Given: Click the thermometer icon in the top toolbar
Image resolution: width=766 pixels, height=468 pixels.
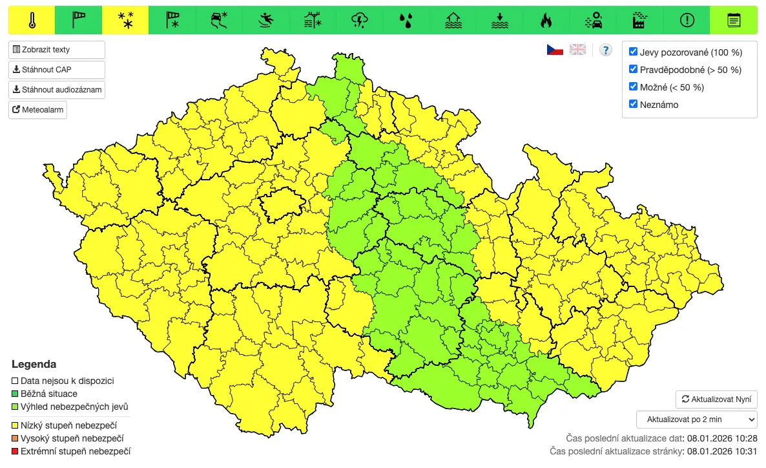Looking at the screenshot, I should pyautogui.click(x=32, y=21).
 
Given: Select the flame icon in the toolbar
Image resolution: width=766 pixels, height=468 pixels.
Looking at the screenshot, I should pyautogui.click(x=546, y=21).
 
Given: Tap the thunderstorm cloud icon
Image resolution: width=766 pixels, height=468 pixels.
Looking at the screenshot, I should pyautogui.click(x=359, y=21).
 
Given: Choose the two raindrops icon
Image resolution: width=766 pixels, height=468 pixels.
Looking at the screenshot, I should pyautogui.click(x=406, y=21).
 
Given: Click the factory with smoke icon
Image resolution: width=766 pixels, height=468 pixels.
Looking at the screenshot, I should pyautogui.click(x=640, y=21).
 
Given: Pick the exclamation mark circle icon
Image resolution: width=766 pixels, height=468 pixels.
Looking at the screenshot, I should pyautogui.click(x=687, y=21).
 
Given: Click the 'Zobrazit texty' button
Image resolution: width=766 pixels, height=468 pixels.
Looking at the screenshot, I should pyautogui.click(x=57, y=50).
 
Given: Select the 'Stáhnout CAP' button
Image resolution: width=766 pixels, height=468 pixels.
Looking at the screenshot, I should pyautogui.click(x=57, y=70).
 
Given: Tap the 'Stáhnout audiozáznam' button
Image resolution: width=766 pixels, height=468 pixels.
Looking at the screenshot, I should pyautogui.click(x=57, y=90).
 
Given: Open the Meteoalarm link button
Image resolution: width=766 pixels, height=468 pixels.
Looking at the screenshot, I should pyautogui.click(x=38, y=110).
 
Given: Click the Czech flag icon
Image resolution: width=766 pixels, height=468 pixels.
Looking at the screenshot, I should pyautogui.click(x=555, y=50).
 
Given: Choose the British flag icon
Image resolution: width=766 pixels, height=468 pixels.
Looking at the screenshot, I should pyautogui.click(x=577, y=50).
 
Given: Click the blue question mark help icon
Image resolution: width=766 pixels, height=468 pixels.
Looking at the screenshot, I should pyautogui.click(x=605, y=50).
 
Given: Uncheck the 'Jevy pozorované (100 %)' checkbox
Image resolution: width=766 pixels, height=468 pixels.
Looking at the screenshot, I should pyautogui.click(x=634, y=52).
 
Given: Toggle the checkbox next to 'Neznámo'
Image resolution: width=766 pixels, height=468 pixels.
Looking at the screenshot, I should pyautogui.click(x=634, y=104).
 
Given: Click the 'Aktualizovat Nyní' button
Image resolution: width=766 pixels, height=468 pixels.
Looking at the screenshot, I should pyautogui.click(x=716, y=399).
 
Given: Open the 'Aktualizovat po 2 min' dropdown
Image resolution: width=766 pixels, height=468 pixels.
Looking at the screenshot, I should pyautogui.click(x=696, y=420).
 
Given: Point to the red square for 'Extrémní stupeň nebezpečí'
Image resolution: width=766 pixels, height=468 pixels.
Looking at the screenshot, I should pyautogui.click(x=16, y=451).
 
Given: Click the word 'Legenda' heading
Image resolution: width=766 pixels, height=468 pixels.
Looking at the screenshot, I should pyautogui.click(x=34, y=365).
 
